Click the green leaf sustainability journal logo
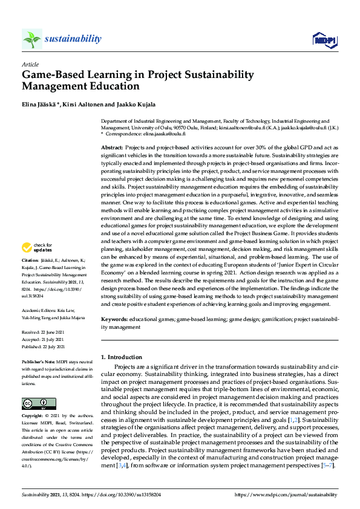point(31,39)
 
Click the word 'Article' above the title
point(30,64)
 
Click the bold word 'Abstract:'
point(112,148)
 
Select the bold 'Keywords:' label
point(114,319)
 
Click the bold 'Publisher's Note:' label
point(40,361)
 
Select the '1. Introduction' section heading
point(121,357)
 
